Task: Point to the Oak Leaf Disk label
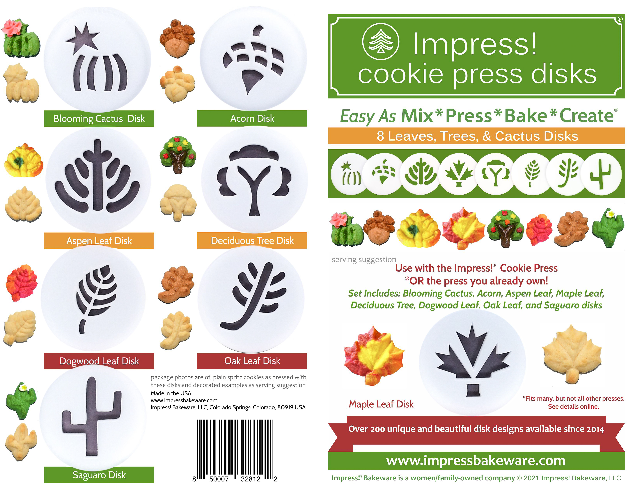(x=252, y=361)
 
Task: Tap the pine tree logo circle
(x=381, y=42)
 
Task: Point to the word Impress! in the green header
(x=475, y=44)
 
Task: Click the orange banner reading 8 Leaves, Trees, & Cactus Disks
(x=476, y=136)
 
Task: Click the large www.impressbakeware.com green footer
(x=476, y=461)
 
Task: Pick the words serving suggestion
(x=364, y=259)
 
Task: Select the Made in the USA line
(x=171, y=393)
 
